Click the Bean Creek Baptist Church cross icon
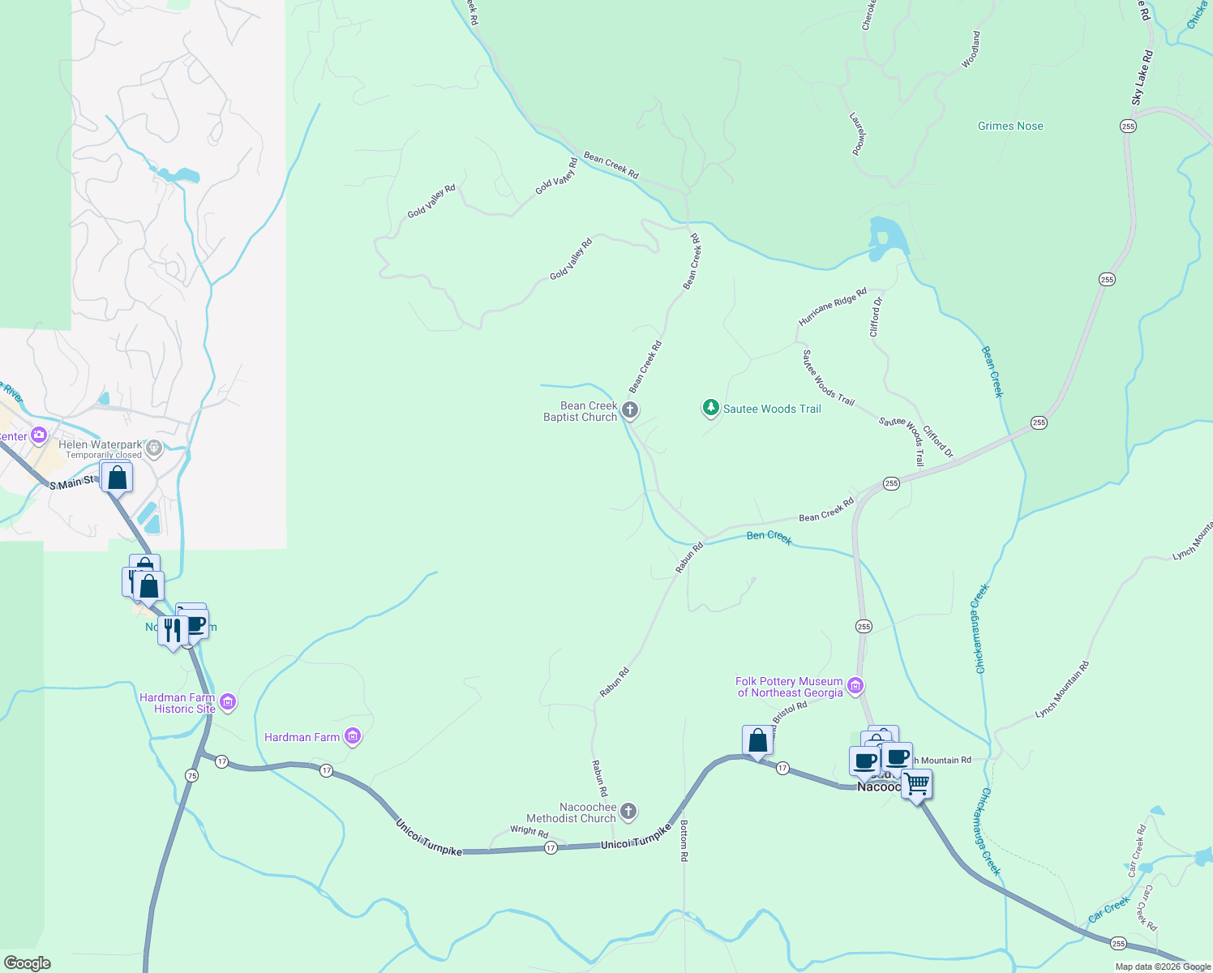[630, 411]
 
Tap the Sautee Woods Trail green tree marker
[711, 408]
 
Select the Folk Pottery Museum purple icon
[855, 687]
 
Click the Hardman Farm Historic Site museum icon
[228, 702]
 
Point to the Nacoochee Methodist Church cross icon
[628, 812]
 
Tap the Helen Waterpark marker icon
[155, 447]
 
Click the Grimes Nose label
[1010, 126]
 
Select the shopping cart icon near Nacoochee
[916, 784]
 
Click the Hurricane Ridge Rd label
[833, 306]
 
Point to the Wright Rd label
[529, 831]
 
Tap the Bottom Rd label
[684, 840]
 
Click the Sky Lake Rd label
[1142, 78]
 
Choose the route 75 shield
[191, 775]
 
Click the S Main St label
[71, 484]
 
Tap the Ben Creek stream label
[769, 537]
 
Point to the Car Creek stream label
[1109, 909]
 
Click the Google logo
[27, 963]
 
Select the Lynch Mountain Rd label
[1062, 690]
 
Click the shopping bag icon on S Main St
[117, 478]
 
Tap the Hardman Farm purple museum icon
[353, 736]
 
